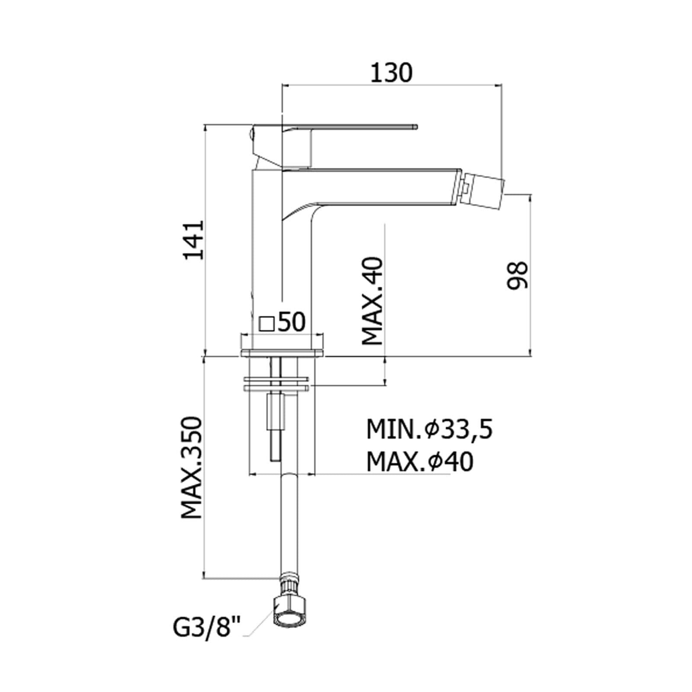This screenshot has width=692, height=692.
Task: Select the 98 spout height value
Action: tap(517, 275)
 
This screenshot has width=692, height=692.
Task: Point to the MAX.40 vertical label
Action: tap(372, 301)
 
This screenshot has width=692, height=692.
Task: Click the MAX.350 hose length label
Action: tap(192, 468)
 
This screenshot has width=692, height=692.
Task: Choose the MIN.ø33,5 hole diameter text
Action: tap(429, 430)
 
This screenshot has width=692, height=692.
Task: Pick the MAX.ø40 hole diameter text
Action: tap(420, 462)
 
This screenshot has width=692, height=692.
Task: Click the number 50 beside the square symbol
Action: tap(291, 322)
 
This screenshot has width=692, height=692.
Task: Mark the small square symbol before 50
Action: tap(266, 324)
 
